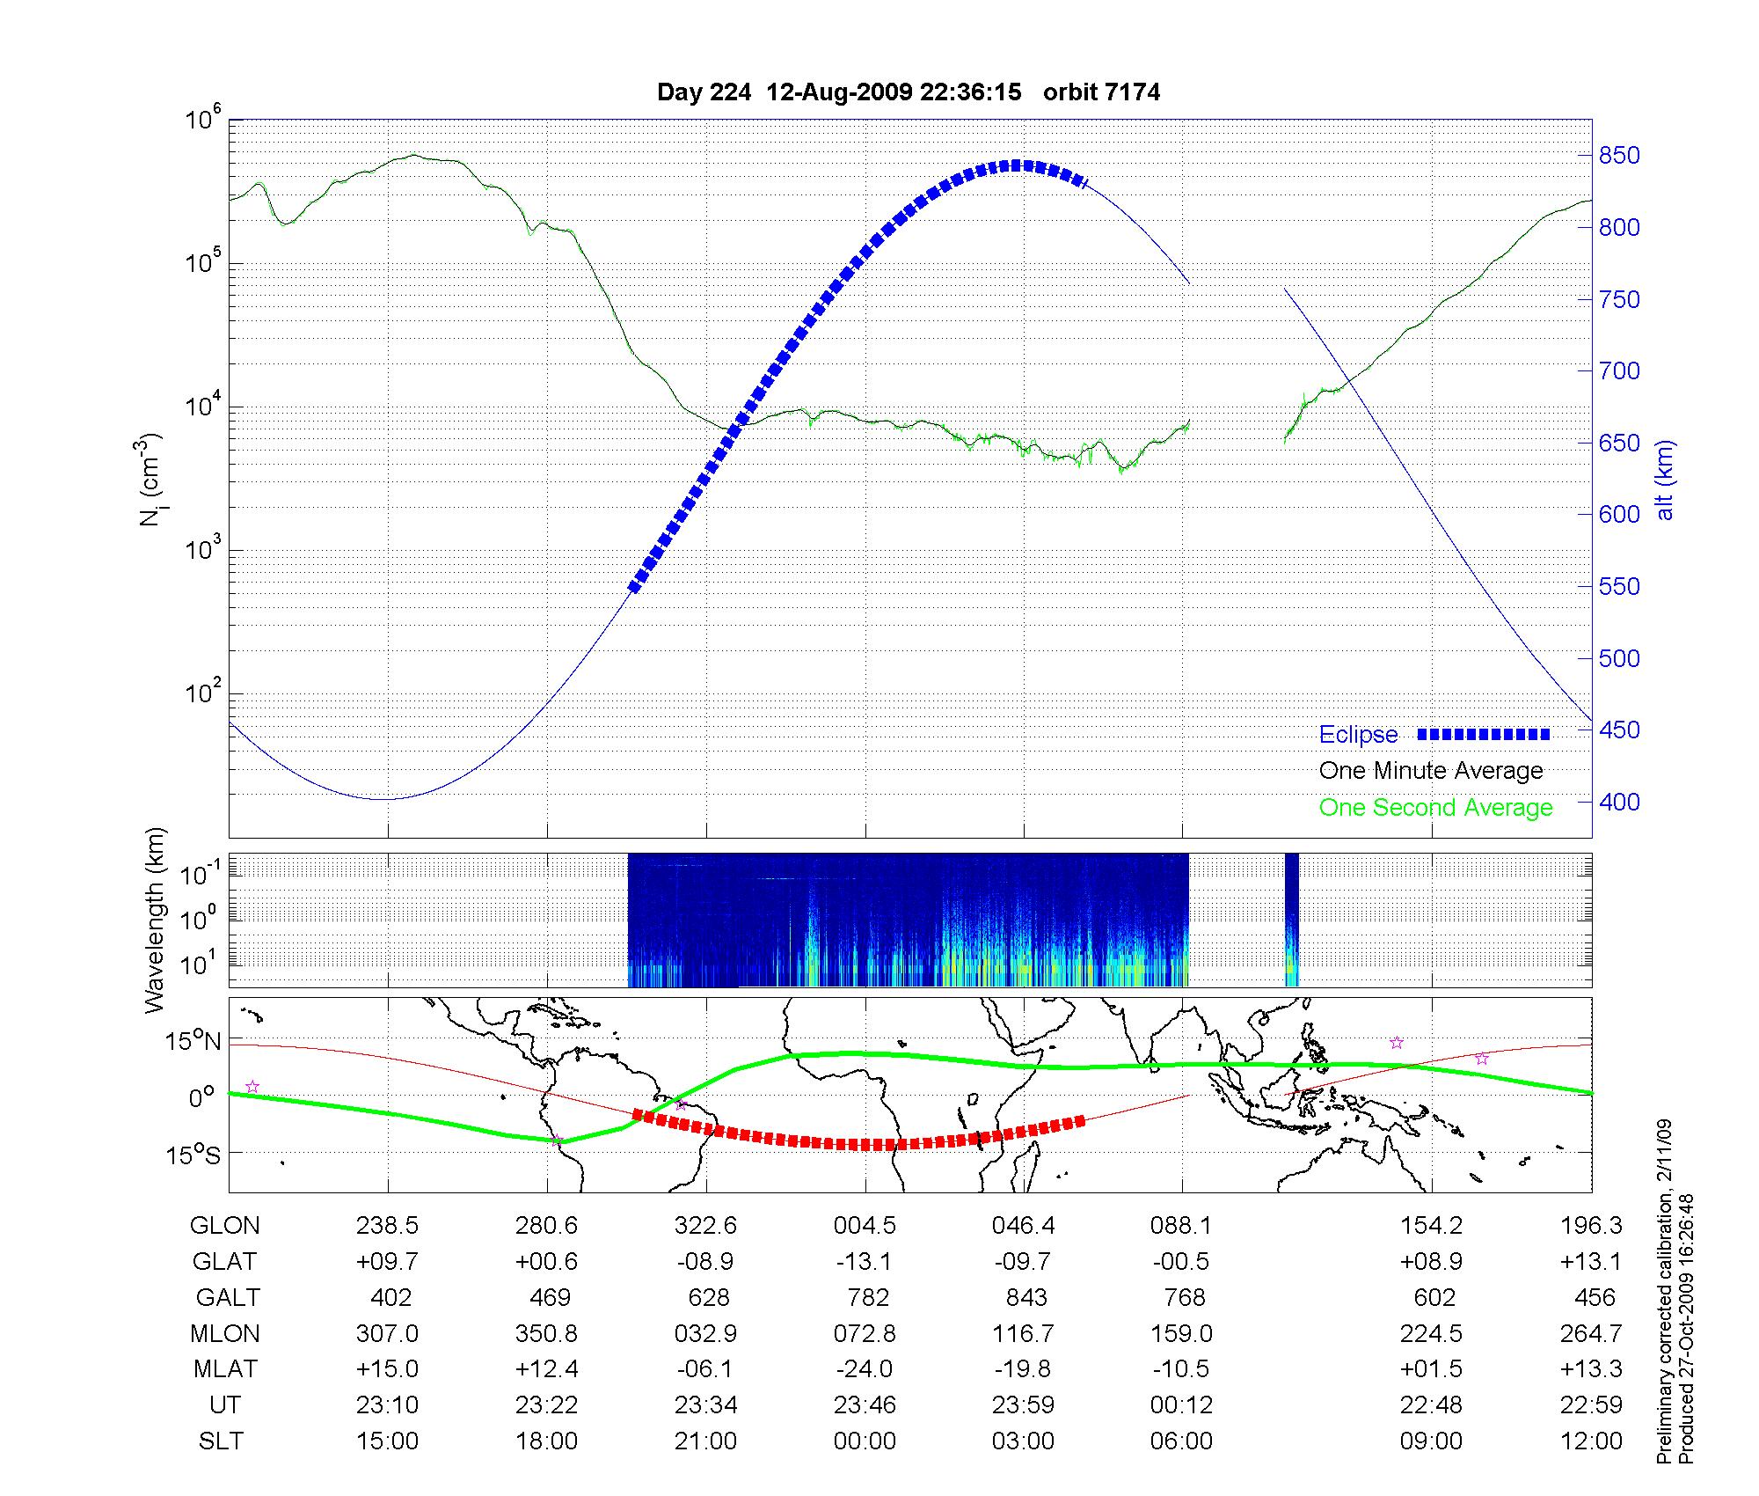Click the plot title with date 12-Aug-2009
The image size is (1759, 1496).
909,92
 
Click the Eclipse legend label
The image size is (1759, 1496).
1358,735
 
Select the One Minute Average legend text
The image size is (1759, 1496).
1431,771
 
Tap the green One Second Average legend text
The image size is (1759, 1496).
1435,808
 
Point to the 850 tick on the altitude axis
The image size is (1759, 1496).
1619,156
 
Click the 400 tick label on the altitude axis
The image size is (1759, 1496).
1619,802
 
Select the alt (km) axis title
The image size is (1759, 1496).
1665,480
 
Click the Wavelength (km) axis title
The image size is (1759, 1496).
156,920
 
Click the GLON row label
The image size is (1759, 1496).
225,1226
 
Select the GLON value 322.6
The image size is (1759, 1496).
705,1226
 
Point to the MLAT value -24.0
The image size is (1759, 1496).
865,1369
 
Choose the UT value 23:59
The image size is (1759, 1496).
1023,1405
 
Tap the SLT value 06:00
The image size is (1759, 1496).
1181,1441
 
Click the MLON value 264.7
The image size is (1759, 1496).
1590,1334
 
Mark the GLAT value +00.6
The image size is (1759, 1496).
546,1262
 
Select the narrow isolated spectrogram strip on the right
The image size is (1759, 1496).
1291,920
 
